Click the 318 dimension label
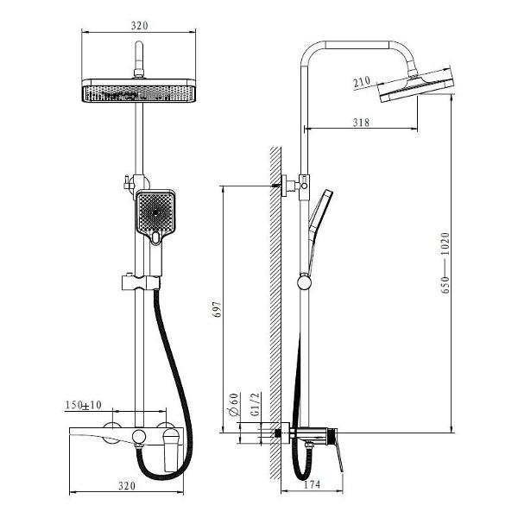pyautogui.click(x=361, y=123)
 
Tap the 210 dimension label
pyautogui.click(x=362, y=82)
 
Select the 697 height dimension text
pyautogui.click(x=217, y=309)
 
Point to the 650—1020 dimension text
pyautogui.click(x=445, y=262)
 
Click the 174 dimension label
pyautogui.click(x=312, y=484)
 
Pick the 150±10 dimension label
pyautogui.click(x=83, y=405)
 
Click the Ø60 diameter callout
pyautogui.click(x=234, y=404)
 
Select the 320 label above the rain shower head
pyautogui.click(x=139, y=25)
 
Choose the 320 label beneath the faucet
pyautogui.click(x=127, y=485)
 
